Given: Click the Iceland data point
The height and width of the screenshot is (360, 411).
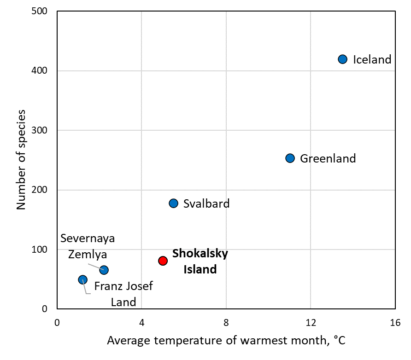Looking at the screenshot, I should [x=342, y=59].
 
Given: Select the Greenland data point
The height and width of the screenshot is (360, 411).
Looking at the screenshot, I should [x=290, y=158].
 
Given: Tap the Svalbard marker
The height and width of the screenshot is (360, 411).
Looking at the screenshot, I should [x=173, y=203].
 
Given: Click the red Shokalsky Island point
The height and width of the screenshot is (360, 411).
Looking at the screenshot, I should [x=163, y=261].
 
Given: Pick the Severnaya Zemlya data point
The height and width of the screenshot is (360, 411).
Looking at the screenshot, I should [x=104, y=270].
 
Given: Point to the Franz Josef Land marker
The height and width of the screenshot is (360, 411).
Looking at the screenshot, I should [x=82, y=279].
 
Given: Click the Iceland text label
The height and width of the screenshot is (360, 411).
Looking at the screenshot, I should [x=372, y=59].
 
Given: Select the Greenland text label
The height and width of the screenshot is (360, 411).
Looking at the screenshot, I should [x=328, y=159].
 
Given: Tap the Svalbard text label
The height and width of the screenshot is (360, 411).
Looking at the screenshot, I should [x=206, y=203].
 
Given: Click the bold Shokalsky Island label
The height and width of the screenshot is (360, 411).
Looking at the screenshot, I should [x=200, y=261].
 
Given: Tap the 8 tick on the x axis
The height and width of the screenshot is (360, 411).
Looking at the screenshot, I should [x=226, y=322].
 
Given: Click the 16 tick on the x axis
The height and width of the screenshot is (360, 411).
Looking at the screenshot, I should [x=395, y=322].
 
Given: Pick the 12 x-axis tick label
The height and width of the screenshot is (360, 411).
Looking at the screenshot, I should [x=311, y=322].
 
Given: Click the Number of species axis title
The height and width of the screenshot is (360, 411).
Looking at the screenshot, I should [x=21, y=160].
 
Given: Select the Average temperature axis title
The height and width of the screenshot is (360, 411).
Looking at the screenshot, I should [x=226, y=341].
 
